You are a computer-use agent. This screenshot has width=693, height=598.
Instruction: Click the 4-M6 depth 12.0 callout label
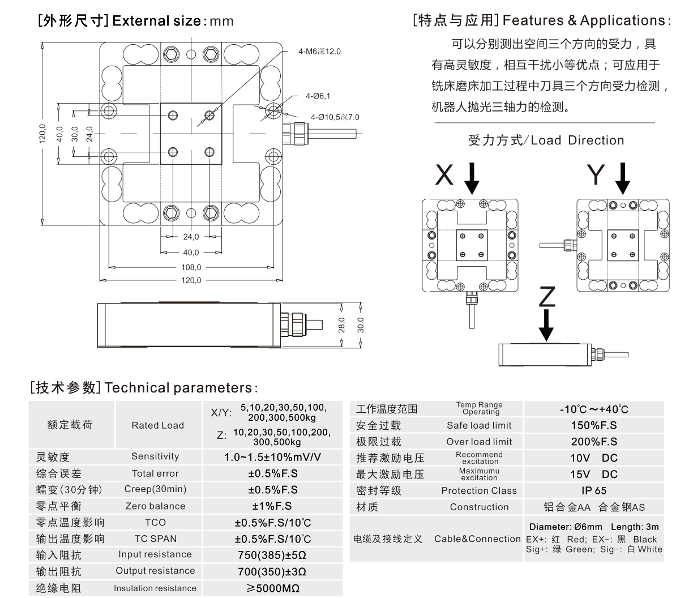click(319, 52)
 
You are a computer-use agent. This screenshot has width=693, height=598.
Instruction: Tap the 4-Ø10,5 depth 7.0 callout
click(335, 117)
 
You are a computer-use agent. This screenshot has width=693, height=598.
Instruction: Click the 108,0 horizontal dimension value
click(191, 267)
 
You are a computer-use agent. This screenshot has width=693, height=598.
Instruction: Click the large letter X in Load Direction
click(444, 176)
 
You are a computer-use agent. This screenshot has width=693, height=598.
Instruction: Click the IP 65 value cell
click(593, 491)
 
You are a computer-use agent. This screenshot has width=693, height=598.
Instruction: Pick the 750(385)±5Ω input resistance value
click(272, 555)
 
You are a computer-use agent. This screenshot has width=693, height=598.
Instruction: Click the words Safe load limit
click(479, 425)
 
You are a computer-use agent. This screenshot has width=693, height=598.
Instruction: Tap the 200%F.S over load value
click(594, 442)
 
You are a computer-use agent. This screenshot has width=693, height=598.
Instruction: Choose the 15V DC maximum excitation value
click(593, 475)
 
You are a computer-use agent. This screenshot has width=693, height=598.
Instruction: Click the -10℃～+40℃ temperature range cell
click(593, 409)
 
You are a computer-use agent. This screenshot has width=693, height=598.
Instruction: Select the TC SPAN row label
click(155, 539)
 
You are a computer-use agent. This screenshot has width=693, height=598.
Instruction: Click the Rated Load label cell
click(157, 425)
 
